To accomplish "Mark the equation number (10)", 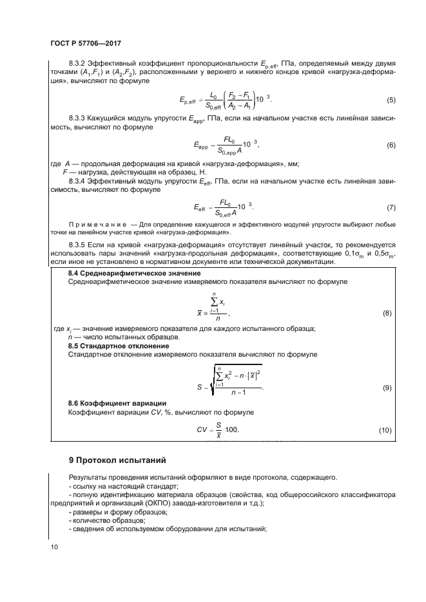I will pyautogui.click(x=385, y=429).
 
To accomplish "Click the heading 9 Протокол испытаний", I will pyautogui.click(x=117, y=460).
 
